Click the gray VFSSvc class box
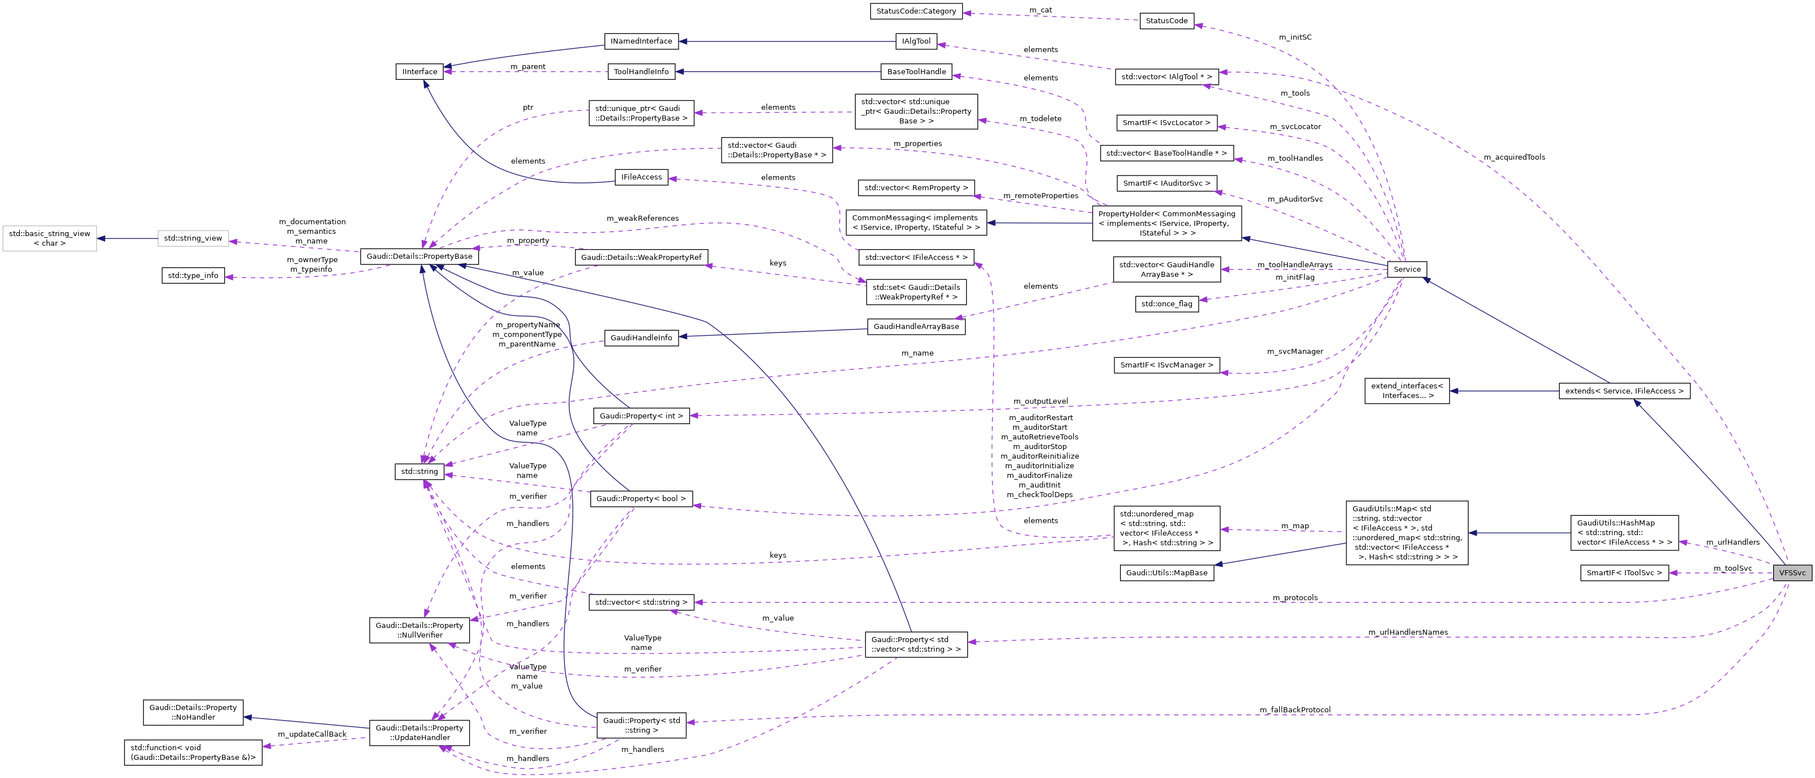point(1792,573)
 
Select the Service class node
point(1406,269)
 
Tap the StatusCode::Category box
point(916,11)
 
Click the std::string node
point(419,472)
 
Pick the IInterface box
point(419,72)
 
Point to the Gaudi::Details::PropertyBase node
point(419,257)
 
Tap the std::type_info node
point(193,276)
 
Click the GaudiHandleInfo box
point(641,337)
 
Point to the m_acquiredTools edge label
point(1513,157)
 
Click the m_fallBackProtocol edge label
point(1295,709)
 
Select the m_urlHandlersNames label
point(1408,632)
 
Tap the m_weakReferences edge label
point(642,219)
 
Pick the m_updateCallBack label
point(312,734)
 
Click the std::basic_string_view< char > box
point(49,238)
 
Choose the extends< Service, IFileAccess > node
point(1623,391)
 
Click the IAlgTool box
point(916,41)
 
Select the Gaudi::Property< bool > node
point(641,499)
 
